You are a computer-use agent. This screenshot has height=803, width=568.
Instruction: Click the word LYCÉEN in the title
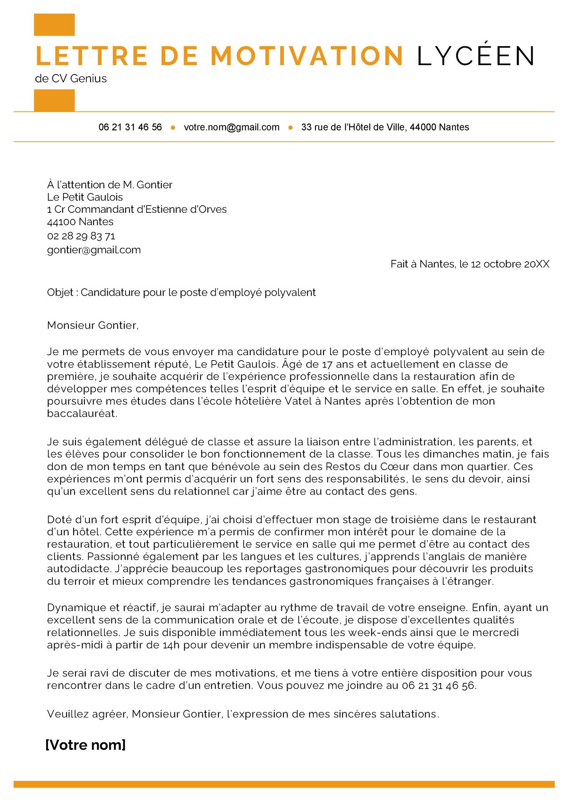click(476, 55)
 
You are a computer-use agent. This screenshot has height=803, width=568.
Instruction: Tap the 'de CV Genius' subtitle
click(71, 78)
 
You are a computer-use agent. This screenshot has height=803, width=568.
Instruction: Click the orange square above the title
click(54, 24)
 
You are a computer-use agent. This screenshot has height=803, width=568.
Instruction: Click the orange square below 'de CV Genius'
click(54, 100)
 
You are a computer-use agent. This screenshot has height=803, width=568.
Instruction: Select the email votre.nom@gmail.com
click(232, 127)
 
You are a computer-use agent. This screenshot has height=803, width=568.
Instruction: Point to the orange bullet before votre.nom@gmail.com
click(173, 128)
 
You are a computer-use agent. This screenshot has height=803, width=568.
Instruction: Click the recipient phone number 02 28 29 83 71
click(81, 236)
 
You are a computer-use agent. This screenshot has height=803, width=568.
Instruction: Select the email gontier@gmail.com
click(94, 250)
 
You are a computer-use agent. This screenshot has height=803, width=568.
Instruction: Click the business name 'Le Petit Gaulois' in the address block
click(85, 197)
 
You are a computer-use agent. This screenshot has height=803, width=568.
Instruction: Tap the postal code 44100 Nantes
click(80, 222)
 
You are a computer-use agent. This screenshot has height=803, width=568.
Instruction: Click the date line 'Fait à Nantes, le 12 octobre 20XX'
click(469, 264)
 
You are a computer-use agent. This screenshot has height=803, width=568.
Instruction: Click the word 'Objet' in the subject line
click(60, 293)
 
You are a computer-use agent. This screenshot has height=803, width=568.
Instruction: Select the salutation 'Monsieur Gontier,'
click(93, 325)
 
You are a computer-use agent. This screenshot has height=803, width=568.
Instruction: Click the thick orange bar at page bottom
click(284, 784)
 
